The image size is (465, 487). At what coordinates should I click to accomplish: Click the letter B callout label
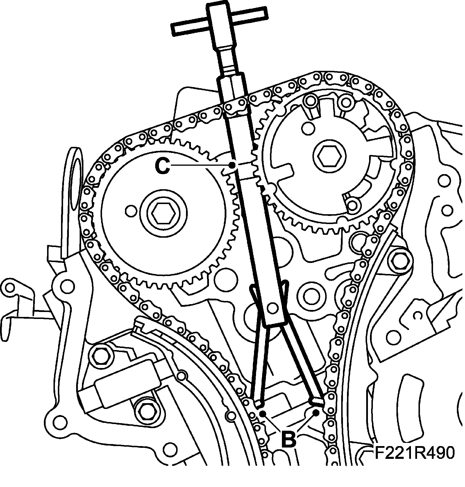point(288,439)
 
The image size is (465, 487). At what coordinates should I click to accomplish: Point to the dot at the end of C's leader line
point(232,165)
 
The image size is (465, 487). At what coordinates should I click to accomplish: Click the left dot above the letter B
point(262,413)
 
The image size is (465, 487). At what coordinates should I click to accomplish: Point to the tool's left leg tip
point(260,403)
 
